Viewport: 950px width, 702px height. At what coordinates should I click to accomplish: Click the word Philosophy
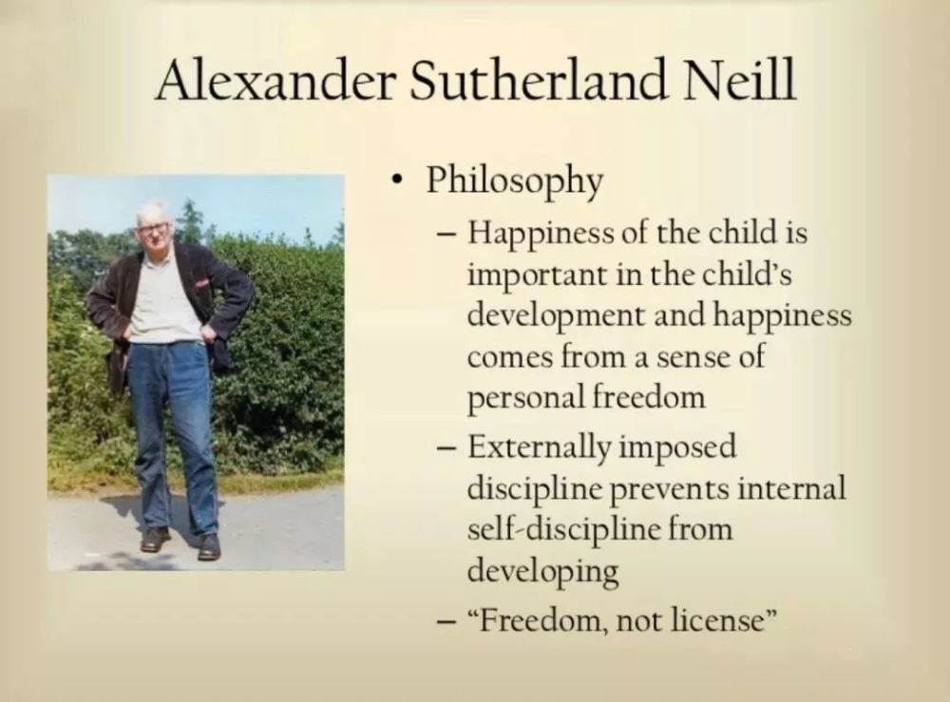[514, 181]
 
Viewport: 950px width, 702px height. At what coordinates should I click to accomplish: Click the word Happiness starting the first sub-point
[540, 234]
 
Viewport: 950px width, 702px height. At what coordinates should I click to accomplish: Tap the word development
[556, 316]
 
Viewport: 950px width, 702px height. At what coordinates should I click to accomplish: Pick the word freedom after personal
[648, 397]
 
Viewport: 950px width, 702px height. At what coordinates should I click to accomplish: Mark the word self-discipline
[563, 529]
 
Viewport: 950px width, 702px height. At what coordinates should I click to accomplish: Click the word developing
[542, 571]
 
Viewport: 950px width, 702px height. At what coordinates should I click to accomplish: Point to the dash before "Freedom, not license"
[446, 621]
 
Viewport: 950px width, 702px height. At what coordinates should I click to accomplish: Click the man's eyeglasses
[152, 228]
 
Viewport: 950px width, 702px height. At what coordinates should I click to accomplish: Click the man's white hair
[151, 212]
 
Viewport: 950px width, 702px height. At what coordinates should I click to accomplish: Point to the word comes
[511, 358]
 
